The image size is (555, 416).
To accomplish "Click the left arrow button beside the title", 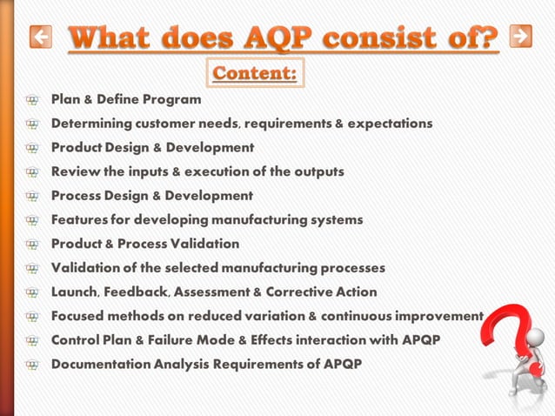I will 40,37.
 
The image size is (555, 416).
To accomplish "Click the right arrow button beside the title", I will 520,36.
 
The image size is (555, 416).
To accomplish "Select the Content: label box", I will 256,73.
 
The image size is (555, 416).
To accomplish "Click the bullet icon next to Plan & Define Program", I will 33,100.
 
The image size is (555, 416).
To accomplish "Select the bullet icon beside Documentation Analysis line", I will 33,365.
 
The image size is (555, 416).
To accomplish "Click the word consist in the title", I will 381,38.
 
